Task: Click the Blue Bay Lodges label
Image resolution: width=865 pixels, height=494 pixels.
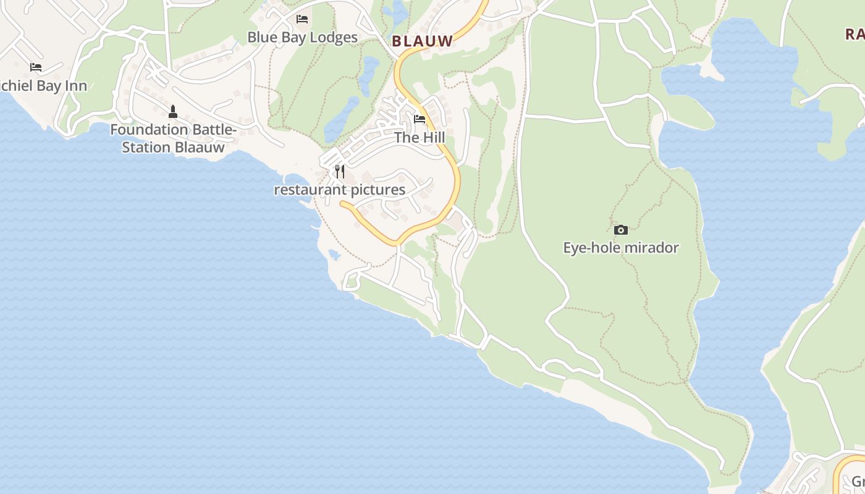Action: (302, 37)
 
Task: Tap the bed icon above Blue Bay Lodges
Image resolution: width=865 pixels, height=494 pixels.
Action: (302, 19)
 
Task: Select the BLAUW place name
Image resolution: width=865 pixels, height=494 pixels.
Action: (423, 41)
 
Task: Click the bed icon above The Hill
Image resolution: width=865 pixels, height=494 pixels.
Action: (420, 119)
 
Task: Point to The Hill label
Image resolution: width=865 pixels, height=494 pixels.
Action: (420, 137)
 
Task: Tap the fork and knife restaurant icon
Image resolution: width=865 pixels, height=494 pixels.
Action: (340, 171)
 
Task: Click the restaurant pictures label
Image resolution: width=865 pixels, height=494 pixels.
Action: (339, 190)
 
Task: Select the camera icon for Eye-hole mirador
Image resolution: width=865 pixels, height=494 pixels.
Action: (621, 230)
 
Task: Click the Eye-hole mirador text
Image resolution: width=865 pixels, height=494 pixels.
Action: (621, 248)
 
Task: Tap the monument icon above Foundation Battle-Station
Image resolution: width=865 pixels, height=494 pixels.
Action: (173, 112)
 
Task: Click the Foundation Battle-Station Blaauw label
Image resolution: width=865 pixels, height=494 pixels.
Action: (173, 138)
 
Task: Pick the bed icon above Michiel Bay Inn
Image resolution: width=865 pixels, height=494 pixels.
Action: (36, 67)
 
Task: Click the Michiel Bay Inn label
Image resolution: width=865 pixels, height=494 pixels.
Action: (43, 85)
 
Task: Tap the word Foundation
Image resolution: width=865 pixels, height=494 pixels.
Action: (149, 130)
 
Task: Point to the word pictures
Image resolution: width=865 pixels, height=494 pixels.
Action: (378, 190)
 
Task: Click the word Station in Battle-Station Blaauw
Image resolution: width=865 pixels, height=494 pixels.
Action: (146, 148)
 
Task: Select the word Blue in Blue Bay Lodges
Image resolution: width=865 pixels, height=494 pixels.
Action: (261, 37)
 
